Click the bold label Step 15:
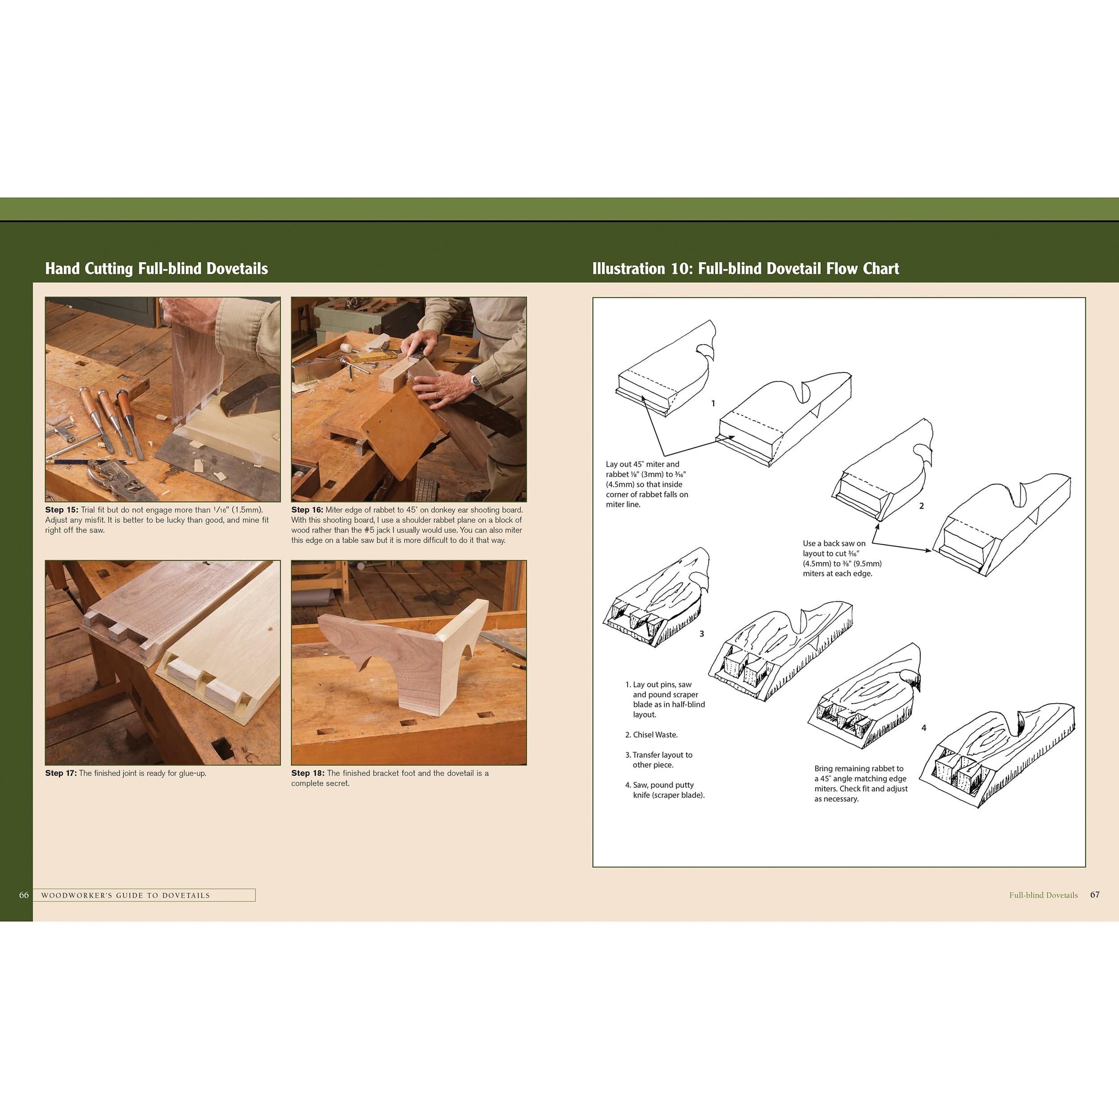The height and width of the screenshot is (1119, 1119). tap(61, 510)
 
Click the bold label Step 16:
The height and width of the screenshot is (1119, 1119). tap(307, 510)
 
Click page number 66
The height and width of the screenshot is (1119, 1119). tap(23, 895)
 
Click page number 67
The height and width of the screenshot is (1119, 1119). tap(1094, 894)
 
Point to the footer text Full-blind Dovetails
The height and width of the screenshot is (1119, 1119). tap(1043, 895)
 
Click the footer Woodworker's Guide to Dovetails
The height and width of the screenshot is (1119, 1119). tap(126, 896)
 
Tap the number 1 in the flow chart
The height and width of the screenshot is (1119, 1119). tap(713, 403)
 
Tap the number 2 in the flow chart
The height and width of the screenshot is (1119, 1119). tap(922, 505)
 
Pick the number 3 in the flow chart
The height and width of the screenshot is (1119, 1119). tap(702, 634)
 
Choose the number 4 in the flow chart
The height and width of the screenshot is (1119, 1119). tap(924, 727)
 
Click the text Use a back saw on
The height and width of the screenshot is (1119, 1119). tap(834, 543)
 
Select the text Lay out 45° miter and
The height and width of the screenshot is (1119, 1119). tap(643, 464)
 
